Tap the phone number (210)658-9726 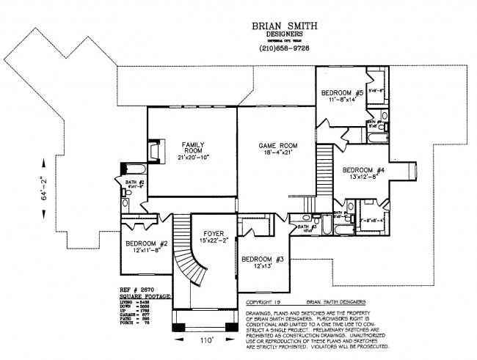coord(285,48)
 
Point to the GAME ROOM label coord(277,145)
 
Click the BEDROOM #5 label coord(342,92)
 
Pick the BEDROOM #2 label coord(148,243)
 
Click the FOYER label coord(213,235)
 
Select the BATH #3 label coord(307,227)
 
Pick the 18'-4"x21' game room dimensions coord(277,155)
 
